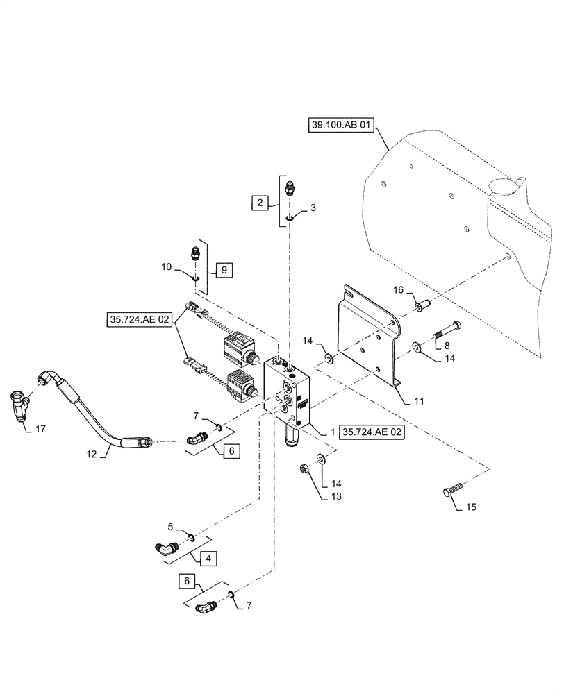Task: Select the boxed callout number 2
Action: click(x=260, y=203)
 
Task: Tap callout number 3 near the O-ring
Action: click(x=312, y=208)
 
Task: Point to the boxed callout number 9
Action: click(x=223, y=269)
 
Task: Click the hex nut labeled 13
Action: click(x=304, y=470)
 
